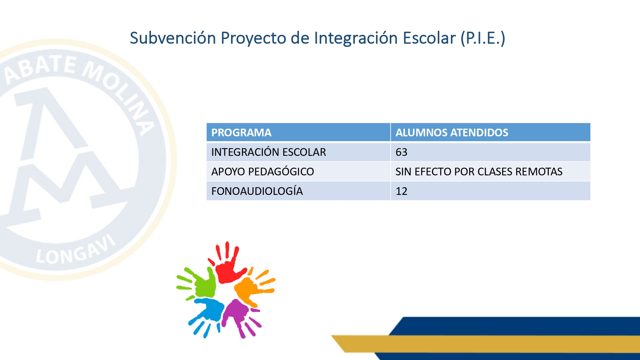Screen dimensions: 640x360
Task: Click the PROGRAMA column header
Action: (x=241, y=132)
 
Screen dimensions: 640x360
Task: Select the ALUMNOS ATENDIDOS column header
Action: (x=452, y=132)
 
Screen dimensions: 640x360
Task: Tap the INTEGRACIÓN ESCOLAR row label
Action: (x=268, y=152)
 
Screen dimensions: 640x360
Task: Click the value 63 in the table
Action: (x=401, y=152)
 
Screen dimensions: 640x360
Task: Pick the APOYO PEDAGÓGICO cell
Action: (x=263, y=172)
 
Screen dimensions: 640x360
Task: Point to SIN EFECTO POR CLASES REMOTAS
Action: (x=479, y=172)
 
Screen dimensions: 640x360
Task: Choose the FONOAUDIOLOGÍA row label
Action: (x=257, y=191)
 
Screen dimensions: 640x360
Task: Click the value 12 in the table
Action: (x=401, y=191)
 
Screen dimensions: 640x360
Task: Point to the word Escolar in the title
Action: (x=429, y=38)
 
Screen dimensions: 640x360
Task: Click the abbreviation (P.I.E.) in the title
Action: (x=483, y=38)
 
